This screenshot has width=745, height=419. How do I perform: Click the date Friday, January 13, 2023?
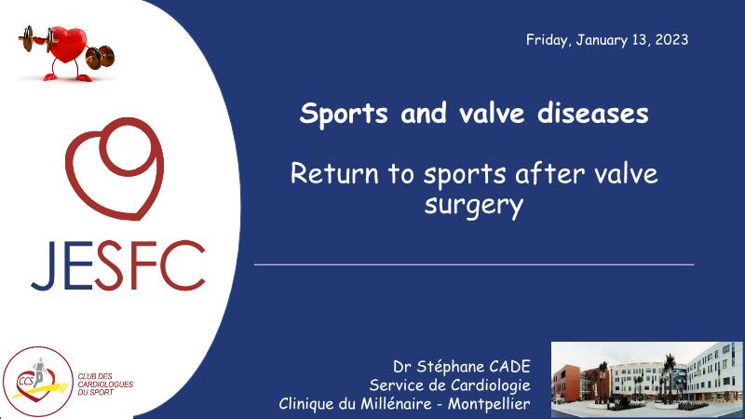pyautogui.click(x=607, y=39)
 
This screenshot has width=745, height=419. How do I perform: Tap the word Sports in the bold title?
pyautogui.click(x=344, y=114)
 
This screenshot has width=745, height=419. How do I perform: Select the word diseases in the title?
pyautogui.click(x=592, y=113)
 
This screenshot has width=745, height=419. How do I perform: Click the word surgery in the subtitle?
pyautogui.click(x=474, y=206)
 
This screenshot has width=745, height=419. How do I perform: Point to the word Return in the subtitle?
pyautogui.click(x=334, y=173)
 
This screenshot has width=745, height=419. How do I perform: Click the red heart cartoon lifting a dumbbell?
pyautogui.click(x=66, y=53)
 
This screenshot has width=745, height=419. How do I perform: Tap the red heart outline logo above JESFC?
pyautogui.click(x=115, y=169)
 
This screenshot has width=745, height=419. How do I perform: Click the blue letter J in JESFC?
pyautogui.click(x=43, y=265)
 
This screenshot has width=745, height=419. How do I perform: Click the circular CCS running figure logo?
pyautogui.click(x=38, y=381)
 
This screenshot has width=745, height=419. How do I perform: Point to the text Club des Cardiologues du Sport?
pyautogui.click(x=105, y=385)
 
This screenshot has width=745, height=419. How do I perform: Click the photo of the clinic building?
pyautogui.click(x=647, y=379)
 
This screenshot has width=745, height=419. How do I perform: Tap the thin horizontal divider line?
pyautogui.click(x=474, y=264)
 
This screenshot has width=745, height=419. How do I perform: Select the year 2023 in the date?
pyautogui.click(x=671, y=39)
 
